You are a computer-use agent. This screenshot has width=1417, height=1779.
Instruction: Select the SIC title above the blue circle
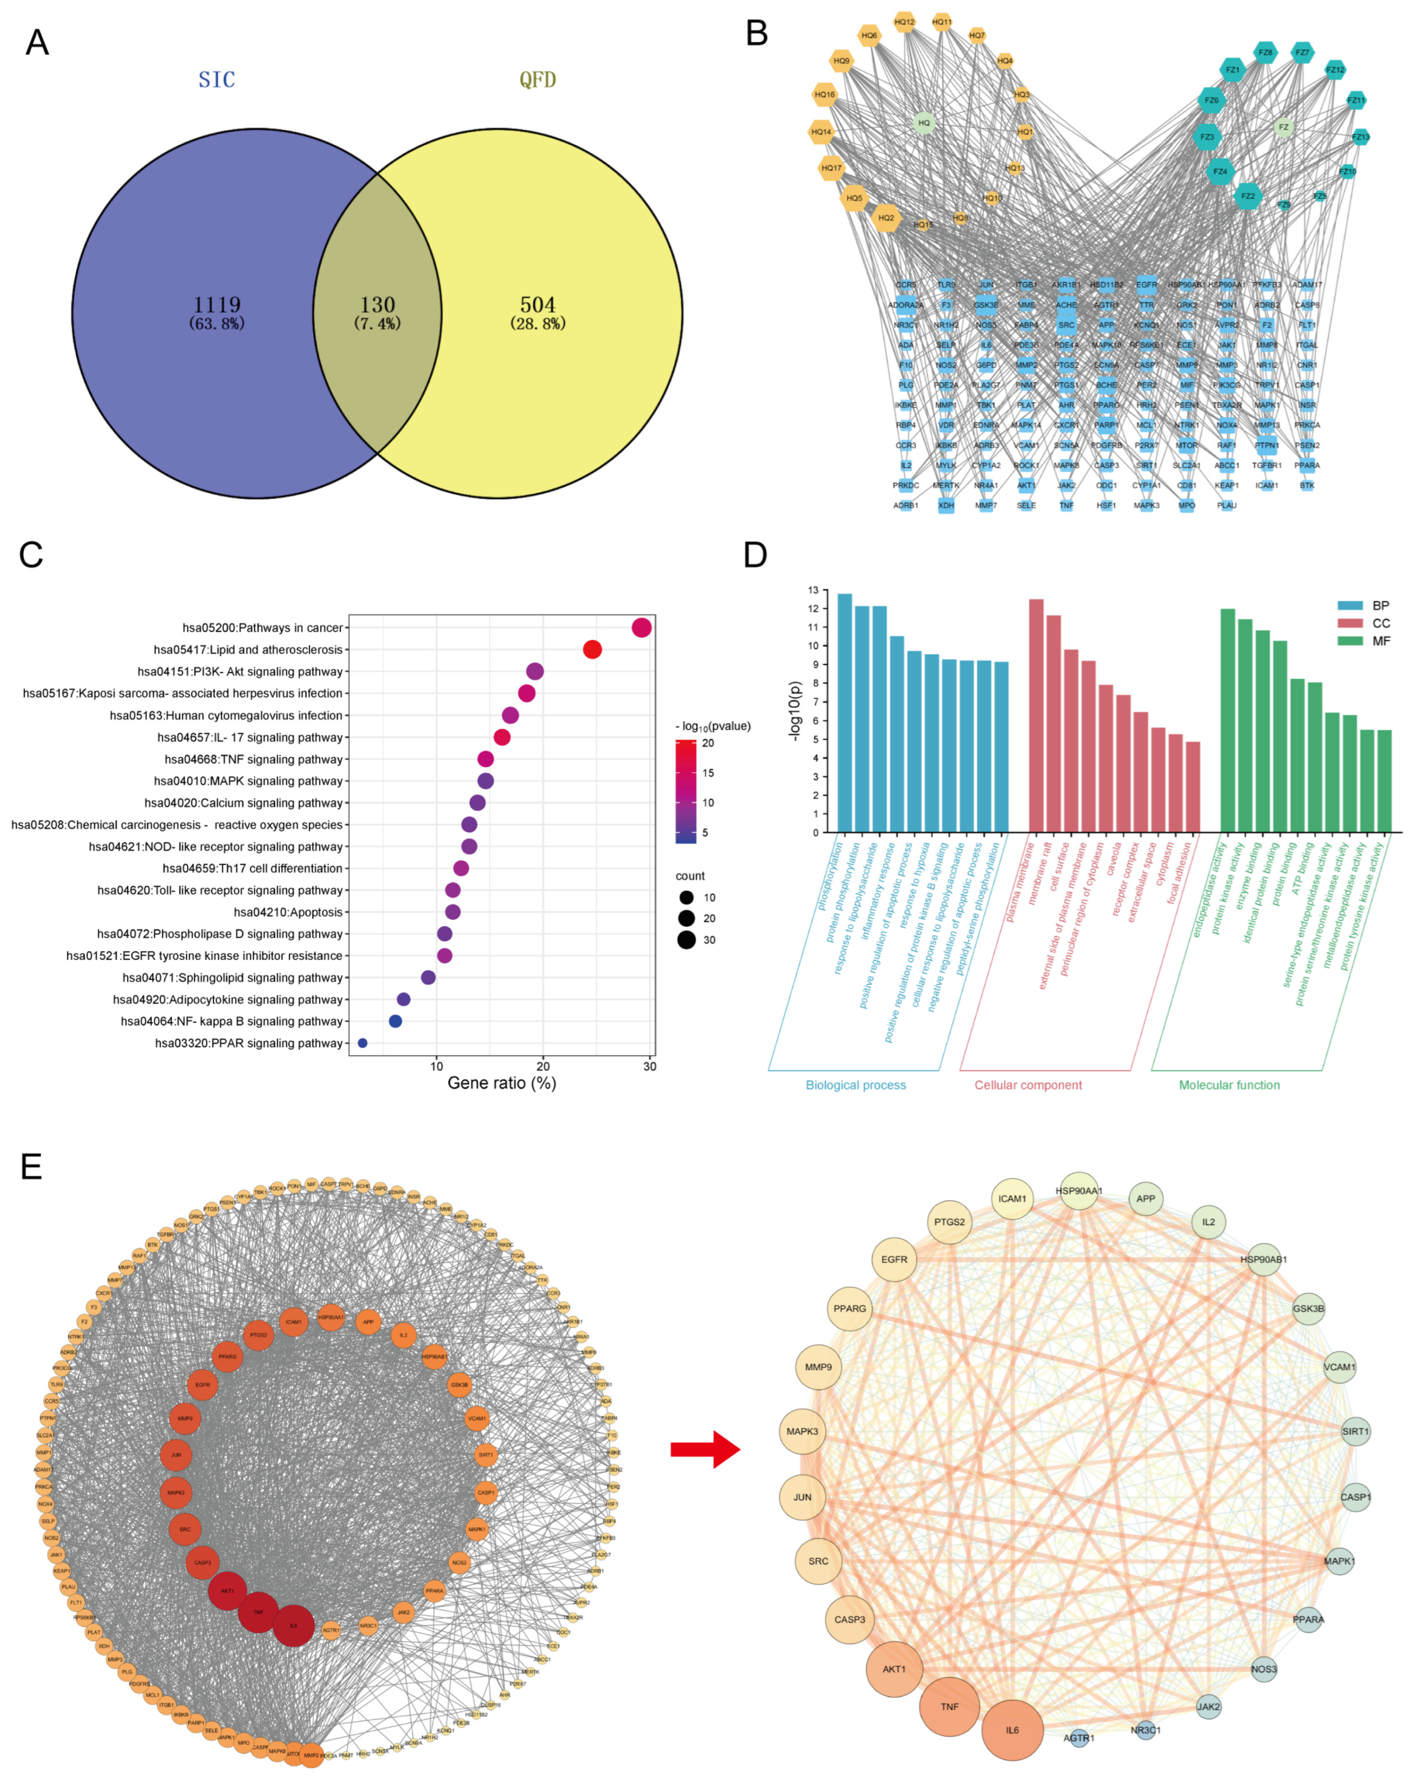[217, 80]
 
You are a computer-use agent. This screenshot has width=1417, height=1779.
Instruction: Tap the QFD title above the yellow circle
[537, 80]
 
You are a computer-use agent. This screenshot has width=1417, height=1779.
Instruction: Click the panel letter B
[756, 34]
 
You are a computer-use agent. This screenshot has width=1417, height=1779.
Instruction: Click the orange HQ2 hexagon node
[885, 218]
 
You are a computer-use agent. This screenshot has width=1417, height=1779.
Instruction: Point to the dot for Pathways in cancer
[641, 628]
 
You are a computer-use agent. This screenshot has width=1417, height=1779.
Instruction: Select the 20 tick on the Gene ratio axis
[543, 1066]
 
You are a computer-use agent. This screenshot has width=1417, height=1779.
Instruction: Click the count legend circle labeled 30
[686, 940]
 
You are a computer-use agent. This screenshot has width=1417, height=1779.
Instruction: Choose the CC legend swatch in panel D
[1350, 623]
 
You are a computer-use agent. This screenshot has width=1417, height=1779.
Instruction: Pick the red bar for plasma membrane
[1036, 715]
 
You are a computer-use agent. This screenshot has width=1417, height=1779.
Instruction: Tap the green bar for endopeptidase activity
[1227, 720]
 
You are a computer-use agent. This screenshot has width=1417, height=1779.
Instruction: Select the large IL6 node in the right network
[1012, 1730]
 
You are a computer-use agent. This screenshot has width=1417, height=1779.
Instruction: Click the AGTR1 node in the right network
[1079, 1738]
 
